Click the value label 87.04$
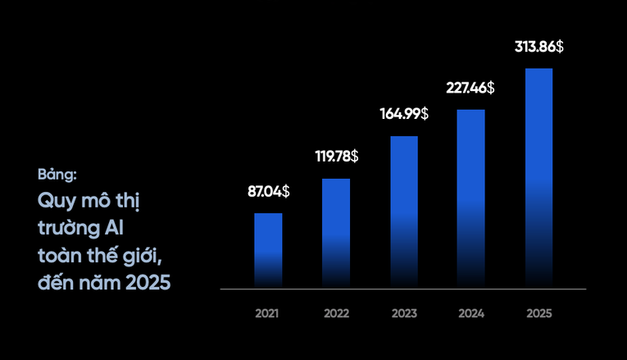(x=268, y=192)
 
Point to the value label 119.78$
(x=336, y=156)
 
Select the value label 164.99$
(x=404, y=114)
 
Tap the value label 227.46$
(x=470, y=88)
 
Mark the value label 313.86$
(x=538, y=47)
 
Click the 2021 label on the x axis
(x=267, y=314)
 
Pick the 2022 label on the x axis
(x=336, y=314)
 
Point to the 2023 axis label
(x=404, y=314)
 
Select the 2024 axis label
(x=471, y=314)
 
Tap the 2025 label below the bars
(x=539, y=314)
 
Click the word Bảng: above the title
(x=57, y=175)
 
